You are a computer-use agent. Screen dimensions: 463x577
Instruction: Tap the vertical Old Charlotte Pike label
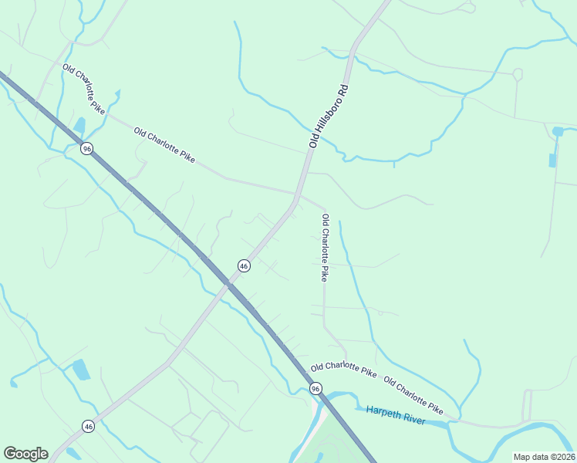[x=326, y=247]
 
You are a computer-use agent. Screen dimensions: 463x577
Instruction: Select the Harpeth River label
[x=396, y=414]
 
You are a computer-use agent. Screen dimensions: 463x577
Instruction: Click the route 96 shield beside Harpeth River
[x=315, y=388]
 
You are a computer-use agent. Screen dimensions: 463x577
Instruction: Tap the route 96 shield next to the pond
[x=87, y=148]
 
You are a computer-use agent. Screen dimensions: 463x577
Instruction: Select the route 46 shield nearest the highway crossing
[x=244, y=265]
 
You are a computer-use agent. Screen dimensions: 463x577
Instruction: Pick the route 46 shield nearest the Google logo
[x=88, y=425]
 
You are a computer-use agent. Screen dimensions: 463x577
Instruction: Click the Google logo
[x=25, y=454]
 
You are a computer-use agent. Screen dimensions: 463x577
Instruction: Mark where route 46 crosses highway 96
[x=228, y=284]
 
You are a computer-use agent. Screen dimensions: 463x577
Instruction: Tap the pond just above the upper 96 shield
[x=79, y=126]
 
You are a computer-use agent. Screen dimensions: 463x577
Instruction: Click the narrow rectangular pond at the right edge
[x=552, y=160]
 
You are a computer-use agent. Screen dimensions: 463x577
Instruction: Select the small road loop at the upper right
[x=517, y=75]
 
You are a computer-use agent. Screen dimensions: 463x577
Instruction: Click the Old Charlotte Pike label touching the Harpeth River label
[x=413, y=394]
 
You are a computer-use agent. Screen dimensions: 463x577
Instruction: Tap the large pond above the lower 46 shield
[x=80, y=370]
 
